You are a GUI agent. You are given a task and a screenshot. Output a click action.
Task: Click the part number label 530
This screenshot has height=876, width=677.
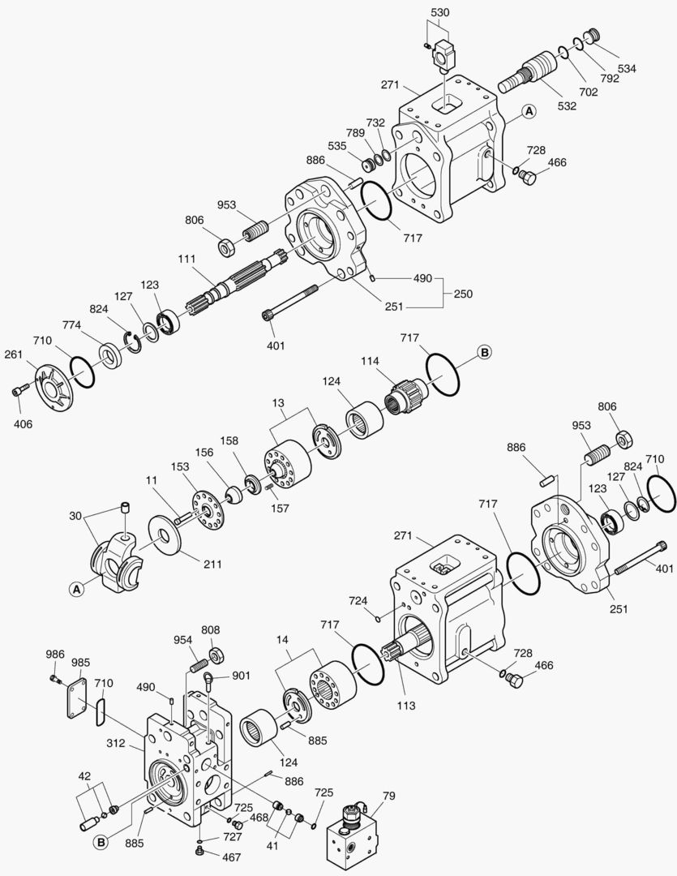(x=440, y=12)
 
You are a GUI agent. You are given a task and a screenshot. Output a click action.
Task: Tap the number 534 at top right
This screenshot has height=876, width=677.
(x=627, y=68)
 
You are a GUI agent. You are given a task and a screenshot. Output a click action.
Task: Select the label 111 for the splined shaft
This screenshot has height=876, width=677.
(x=187, y=259)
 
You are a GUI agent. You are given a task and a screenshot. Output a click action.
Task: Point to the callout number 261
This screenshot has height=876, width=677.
(x=14, y=354)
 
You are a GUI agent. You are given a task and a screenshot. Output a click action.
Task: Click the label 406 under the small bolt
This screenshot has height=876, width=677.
(x=23, y=423)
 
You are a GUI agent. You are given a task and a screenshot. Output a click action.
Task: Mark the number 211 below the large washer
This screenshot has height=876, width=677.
(x=212, y=565)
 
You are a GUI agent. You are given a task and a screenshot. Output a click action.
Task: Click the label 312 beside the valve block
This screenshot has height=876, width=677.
(x=116, y=744)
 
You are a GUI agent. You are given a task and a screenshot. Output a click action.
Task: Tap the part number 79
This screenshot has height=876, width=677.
(x=389, y=795)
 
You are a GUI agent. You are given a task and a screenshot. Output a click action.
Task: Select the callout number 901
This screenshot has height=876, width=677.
(x=241, y=676)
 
